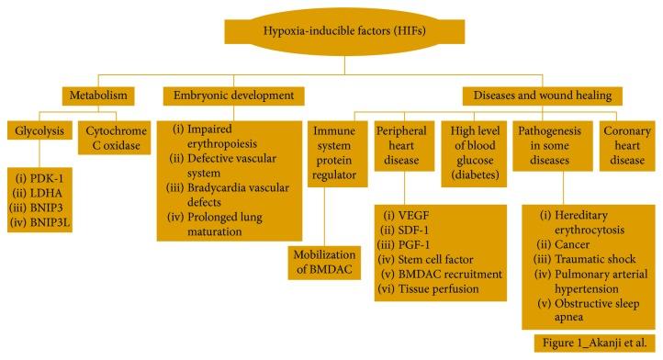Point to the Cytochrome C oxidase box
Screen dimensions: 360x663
(117, 140)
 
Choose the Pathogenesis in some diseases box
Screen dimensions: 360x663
(552, 148)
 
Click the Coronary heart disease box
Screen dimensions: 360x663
(624, 148)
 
